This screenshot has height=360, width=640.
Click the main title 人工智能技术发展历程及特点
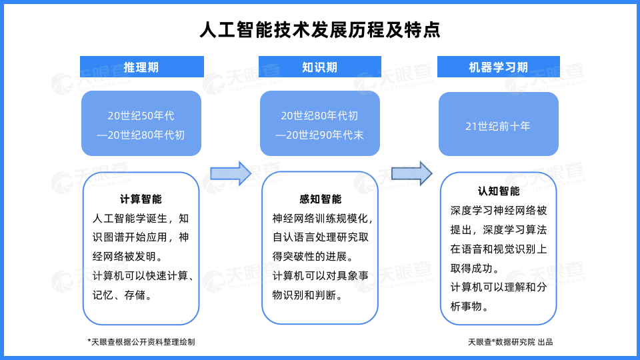point(320,30)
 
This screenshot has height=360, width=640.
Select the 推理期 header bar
point(141,67)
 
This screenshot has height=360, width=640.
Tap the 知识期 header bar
point(319,67)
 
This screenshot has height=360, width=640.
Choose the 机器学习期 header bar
point(499,67)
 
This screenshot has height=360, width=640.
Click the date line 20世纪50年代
point(141,115)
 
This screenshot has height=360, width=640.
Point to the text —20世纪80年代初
point(141,135)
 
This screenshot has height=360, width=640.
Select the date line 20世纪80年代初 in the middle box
point(319,115)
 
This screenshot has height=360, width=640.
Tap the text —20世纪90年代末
point(319,135)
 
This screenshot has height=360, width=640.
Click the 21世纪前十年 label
point(498,126)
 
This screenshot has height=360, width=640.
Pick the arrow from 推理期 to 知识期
point(231,173)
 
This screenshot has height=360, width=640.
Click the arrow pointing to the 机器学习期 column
point(411,173)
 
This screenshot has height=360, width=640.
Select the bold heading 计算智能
point(141,199)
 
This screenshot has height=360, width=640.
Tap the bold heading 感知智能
point(321,199)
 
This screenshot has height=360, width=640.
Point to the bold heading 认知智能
point(499,191)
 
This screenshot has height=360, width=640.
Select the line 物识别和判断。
point(308,295)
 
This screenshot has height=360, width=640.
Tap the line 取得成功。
point(475,268)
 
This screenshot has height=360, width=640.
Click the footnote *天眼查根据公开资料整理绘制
point(141,342)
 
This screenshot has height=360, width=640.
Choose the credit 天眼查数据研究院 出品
point(510,342)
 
